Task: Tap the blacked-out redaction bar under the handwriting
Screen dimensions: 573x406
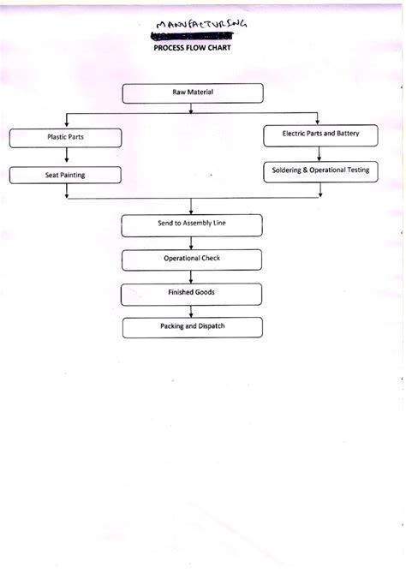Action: (x=190, y=37)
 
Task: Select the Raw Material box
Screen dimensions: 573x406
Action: (x=192, y=92)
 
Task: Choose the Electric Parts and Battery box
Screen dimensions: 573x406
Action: (x=320, y=134)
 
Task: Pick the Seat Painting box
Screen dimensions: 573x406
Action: (x=64, y=175)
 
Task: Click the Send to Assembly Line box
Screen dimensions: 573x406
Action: (x=192, y=224)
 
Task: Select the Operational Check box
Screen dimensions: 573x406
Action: (x=192, y=259)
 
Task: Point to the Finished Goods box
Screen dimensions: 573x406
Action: (x=192, y=293)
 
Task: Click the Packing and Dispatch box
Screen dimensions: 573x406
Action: (x=192, y=327)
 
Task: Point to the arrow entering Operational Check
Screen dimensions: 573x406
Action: (x=192, y=242)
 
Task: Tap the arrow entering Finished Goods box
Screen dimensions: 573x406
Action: (x=192, y=277)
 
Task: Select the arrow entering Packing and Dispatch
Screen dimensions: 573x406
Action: (x=192, y=311)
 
